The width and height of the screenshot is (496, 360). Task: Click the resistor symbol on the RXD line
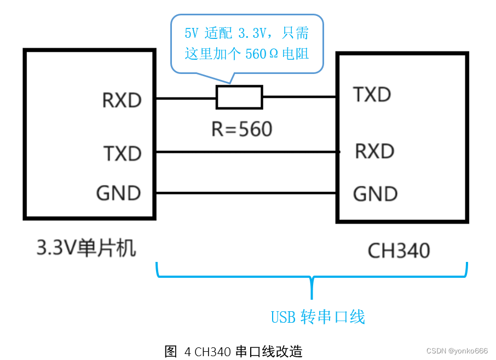click(239, 98)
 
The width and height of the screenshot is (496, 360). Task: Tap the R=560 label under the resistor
click(241, 129)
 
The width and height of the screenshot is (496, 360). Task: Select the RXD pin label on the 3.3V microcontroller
click(122, 100)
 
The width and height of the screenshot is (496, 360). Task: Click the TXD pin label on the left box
click(122, 154)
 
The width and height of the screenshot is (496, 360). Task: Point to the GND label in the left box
click(118, 193)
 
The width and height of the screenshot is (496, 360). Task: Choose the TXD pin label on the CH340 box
click(372, 95)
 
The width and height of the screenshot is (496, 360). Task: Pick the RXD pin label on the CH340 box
click(374, 151)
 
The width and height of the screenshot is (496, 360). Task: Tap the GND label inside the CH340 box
click(375, 194)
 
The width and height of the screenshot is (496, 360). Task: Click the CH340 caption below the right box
click(399, 251)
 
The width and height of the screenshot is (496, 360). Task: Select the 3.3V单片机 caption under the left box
click(86, 249)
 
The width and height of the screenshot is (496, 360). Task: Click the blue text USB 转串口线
click(318, 317)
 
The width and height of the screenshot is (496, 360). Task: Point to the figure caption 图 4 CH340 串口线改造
click(233, 351)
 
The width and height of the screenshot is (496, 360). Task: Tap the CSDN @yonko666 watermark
click(457, 351)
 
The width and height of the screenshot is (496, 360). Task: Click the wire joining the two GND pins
click(246, 193)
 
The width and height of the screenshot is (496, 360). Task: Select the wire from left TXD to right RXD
click(246, 152)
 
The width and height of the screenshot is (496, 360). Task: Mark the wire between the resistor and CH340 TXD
click(299, 98)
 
